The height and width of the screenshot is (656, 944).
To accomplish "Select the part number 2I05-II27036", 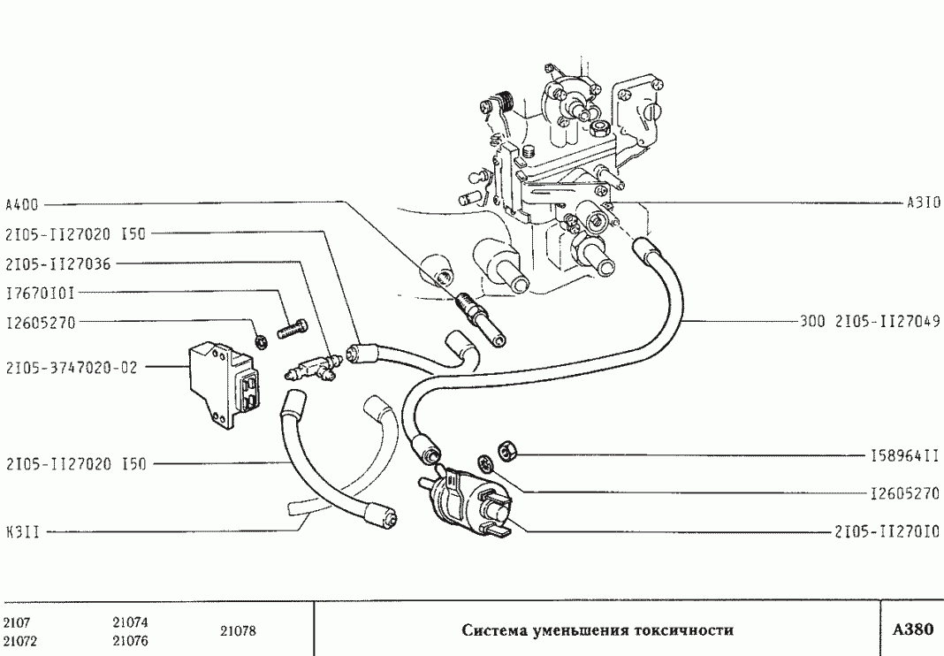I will click(57, 263).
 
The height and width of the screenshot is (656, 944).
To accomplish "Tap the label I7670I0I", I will click(40, 293).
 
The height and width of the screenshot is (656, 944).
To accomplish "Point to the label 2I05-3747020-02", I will click(71, 368).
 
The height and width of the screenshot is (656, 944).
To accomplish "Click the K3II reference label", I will click(21, 533).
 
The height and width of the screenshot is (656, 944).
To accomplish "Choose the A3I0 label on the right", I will click(924, 202).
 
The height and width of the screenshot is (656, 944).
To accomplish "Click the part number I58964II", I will click(904, 456).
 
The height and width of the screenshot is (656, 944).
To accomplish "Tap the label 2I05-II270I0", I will click(887, 532).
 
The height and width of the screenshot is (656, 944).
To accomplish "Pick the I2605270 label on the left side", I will click(41, 323).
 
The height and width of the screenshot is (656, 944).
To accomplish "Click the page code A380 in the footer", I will click(912, 630).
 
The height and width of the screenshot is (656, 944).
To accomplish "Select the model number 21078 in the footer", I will click(238, 631).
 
